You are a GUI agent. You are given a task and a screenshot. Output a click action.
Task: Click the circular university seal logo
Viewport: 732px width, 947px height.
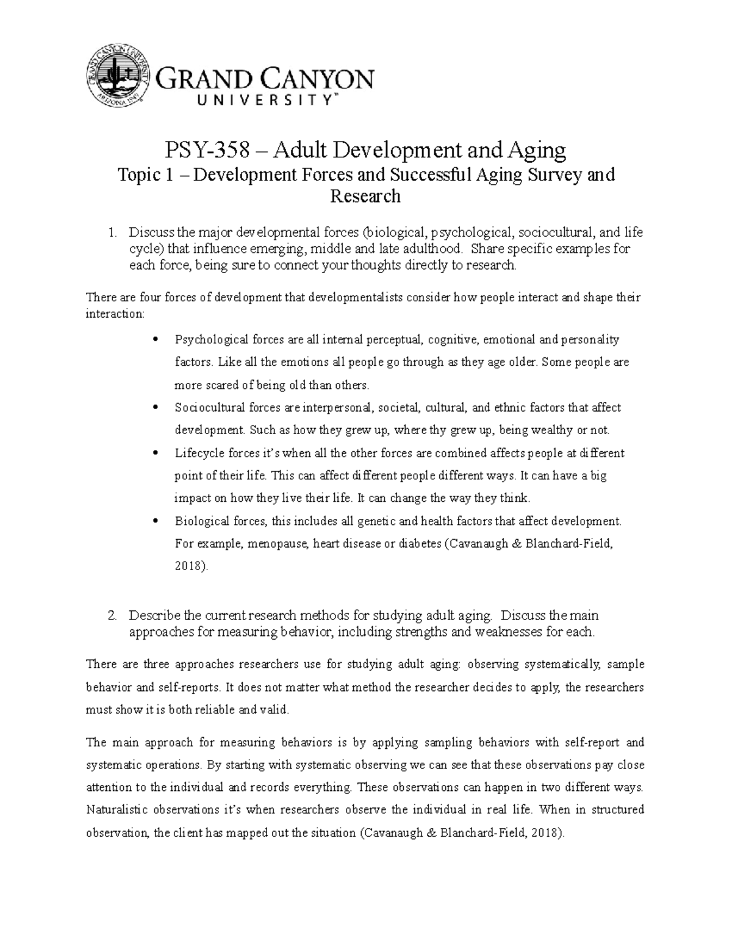(120, 77)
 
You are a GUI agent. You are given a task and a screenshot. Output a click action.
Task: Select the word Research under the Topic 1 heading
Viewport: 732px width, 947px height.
(365, 196)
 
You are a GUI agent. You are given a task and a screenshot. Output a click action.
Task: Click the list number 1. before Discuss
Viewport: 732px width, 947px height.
(112, 233)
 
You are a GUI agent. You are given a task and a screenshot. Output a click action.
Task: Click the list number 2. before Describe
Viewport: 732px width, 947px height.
(112, 616)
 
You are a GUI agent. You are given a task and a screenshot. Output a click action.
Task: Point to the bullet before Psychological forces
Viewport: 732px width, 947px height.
(158, 339)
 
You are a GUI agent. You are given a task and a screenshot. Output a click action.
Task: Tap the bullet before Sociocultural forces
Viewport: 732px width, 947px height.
(158, 407)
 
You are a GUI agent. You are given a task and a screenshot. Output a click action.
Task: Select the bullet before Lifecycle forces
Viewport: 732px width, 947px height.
(158, 453)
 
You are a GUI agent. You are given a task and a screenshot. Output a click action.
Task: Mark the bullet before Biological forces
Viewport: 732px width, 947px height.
(158, 521)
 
